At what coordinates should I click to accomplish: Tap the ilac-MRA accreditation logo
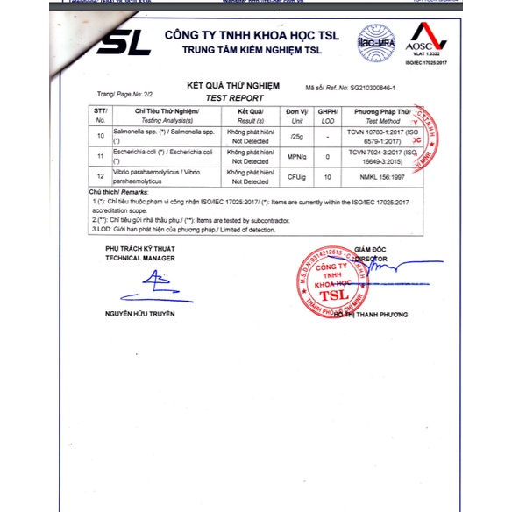coord(374,39)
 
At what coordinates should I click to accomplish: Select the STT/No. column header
coord(99,117)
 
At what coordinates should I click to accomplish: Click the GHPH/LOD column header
coord(327,117)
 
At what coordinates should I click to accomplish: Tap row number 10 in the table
coord(100,136)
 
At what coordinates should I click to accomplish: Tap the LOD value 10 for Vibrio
coord(327,177)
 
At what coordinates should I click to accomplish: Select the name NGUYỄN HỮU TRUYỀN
coord(140,313)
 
